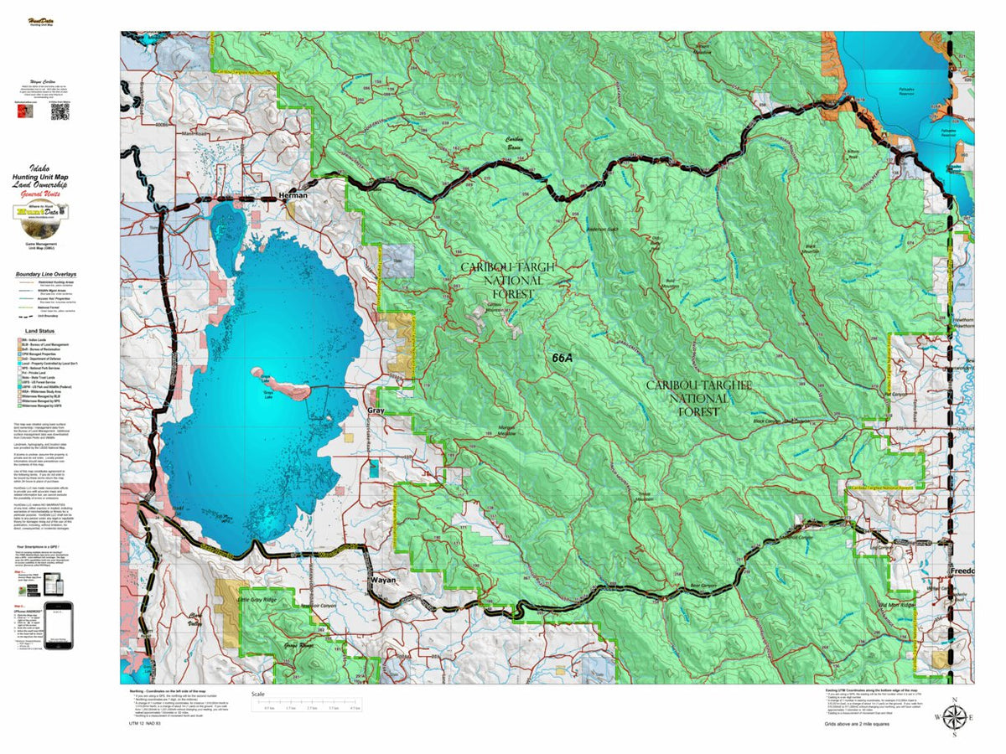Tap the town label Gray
(x=376, y=411)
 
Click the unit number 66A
(x=563, y=358)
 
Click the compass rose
(x=953, y=717)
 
